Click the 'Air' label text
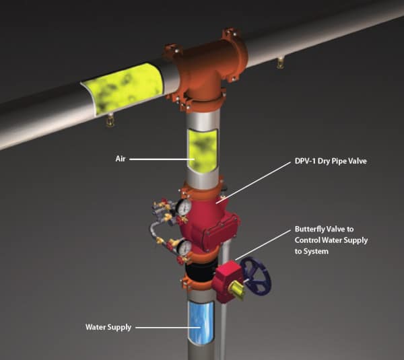pyautogui.click(x=121, y=159)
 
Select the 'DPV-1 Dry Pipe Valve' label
pyautogui.click(x=331, y=161)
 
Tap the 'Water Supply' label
pyautogui.click(x=108, y=327)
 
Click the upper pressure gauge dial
pyautogui.click(x=185, y=207)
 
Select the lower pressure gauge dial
pyautogui.click(x=184, y=248)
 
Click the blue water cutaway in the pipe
pyautogui.click(x=201, y=322)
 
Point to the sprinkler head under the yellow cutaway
pyautogui.click(x=110, y=120)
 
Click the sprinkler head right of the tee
pyautogui.click(x=280, y=63)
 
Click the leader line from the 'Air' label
pyautogui.click(x=162, y=159)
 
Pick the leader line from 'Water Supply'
pyautogui.click(x=168, y=328)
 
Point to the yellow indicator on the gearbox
pyautogui.click(x=237, y=290)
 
